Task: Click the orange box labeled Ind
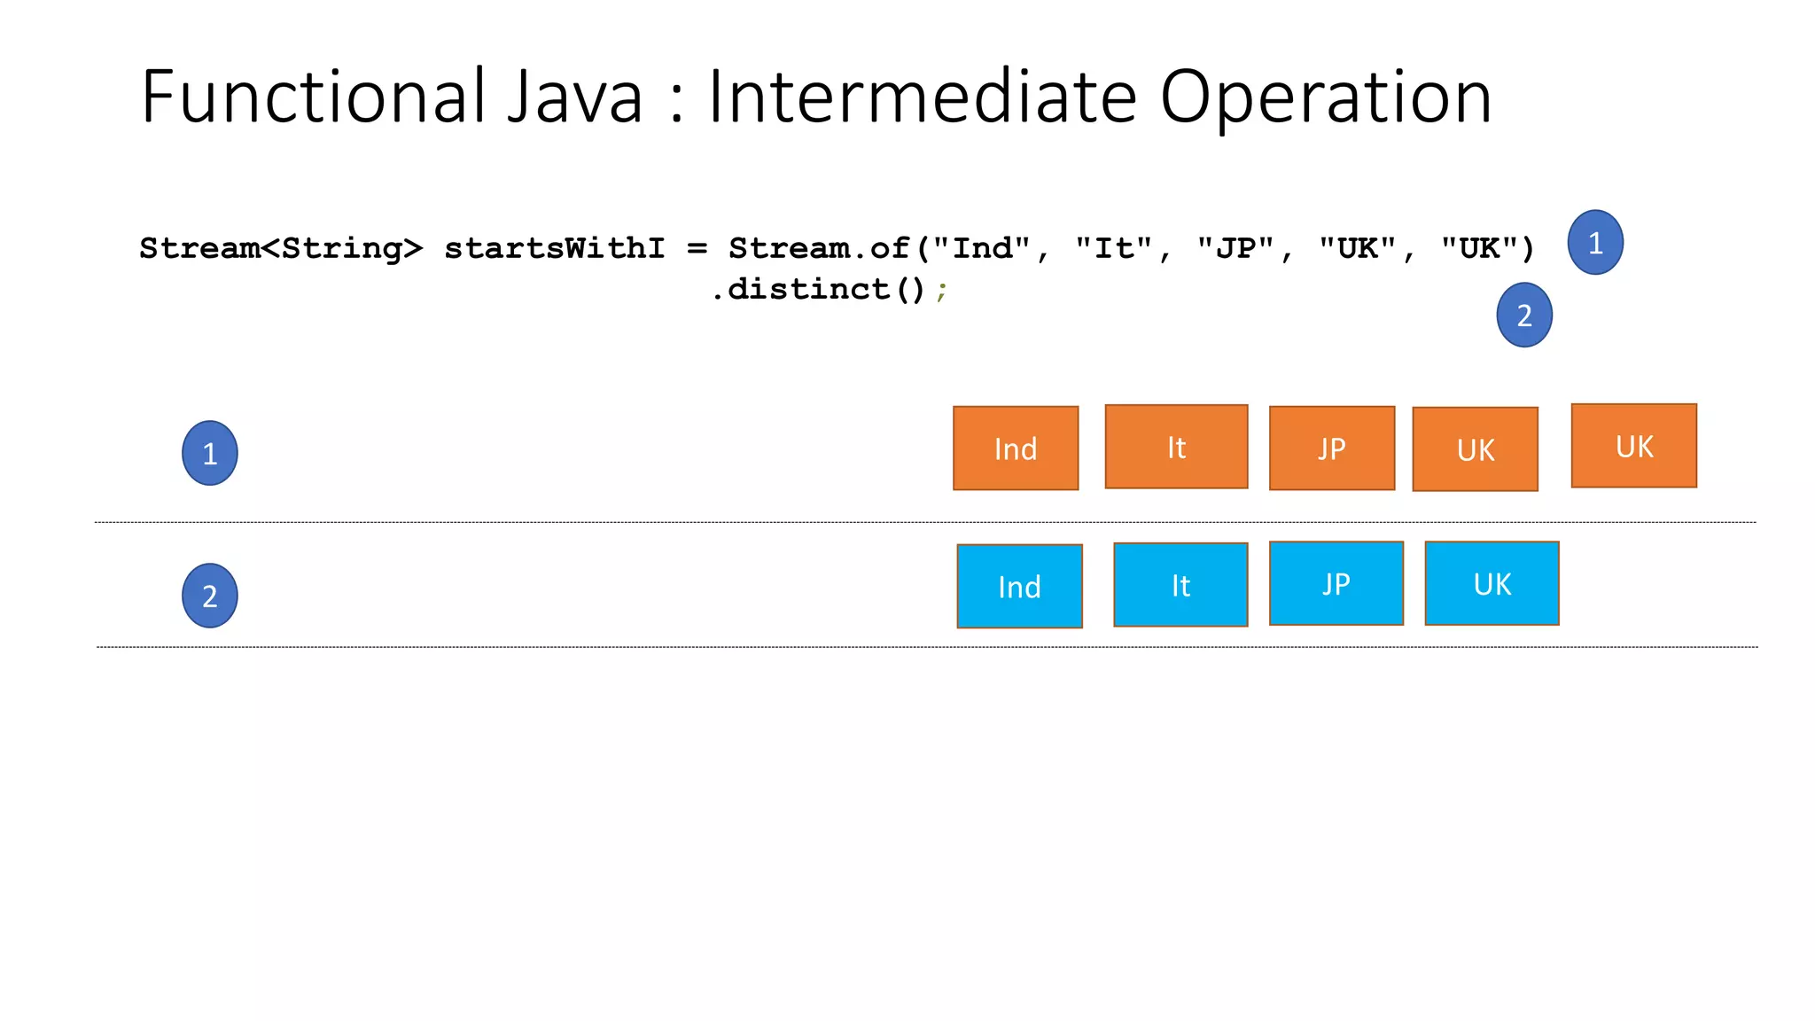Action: click(x=1016, y=448)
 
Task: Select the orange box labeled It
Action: click(x=1176, y=447)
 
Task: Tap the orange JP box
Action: click(x=1331, y=448)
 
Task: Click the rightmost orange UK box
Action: click(x=1633, y=446)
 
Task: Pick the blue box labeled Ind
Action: click(x=1019, y=586)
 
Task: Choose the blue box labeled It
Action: click(x=1180, y=585)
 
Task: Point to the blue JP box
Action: click(x=1336, y=583)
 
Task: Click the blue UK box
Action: click(x=1492, y=583)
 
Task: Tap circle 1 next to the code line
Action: click(x=1594, y=242)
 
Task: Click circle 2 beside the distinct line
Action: click(x=1523, y=315)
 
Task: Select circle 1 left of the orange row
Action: click(x=209, y=453)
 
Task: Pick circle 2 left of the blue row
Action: click(x=209, y=596)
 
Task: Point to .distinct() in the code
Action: click(x=819, y=289)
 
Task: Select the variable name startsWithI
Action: click(x=554, y=248)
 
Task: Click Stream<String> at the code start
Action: click(x=281, y=248)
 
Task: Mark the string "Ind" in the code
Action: click(x=981, y=248)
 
